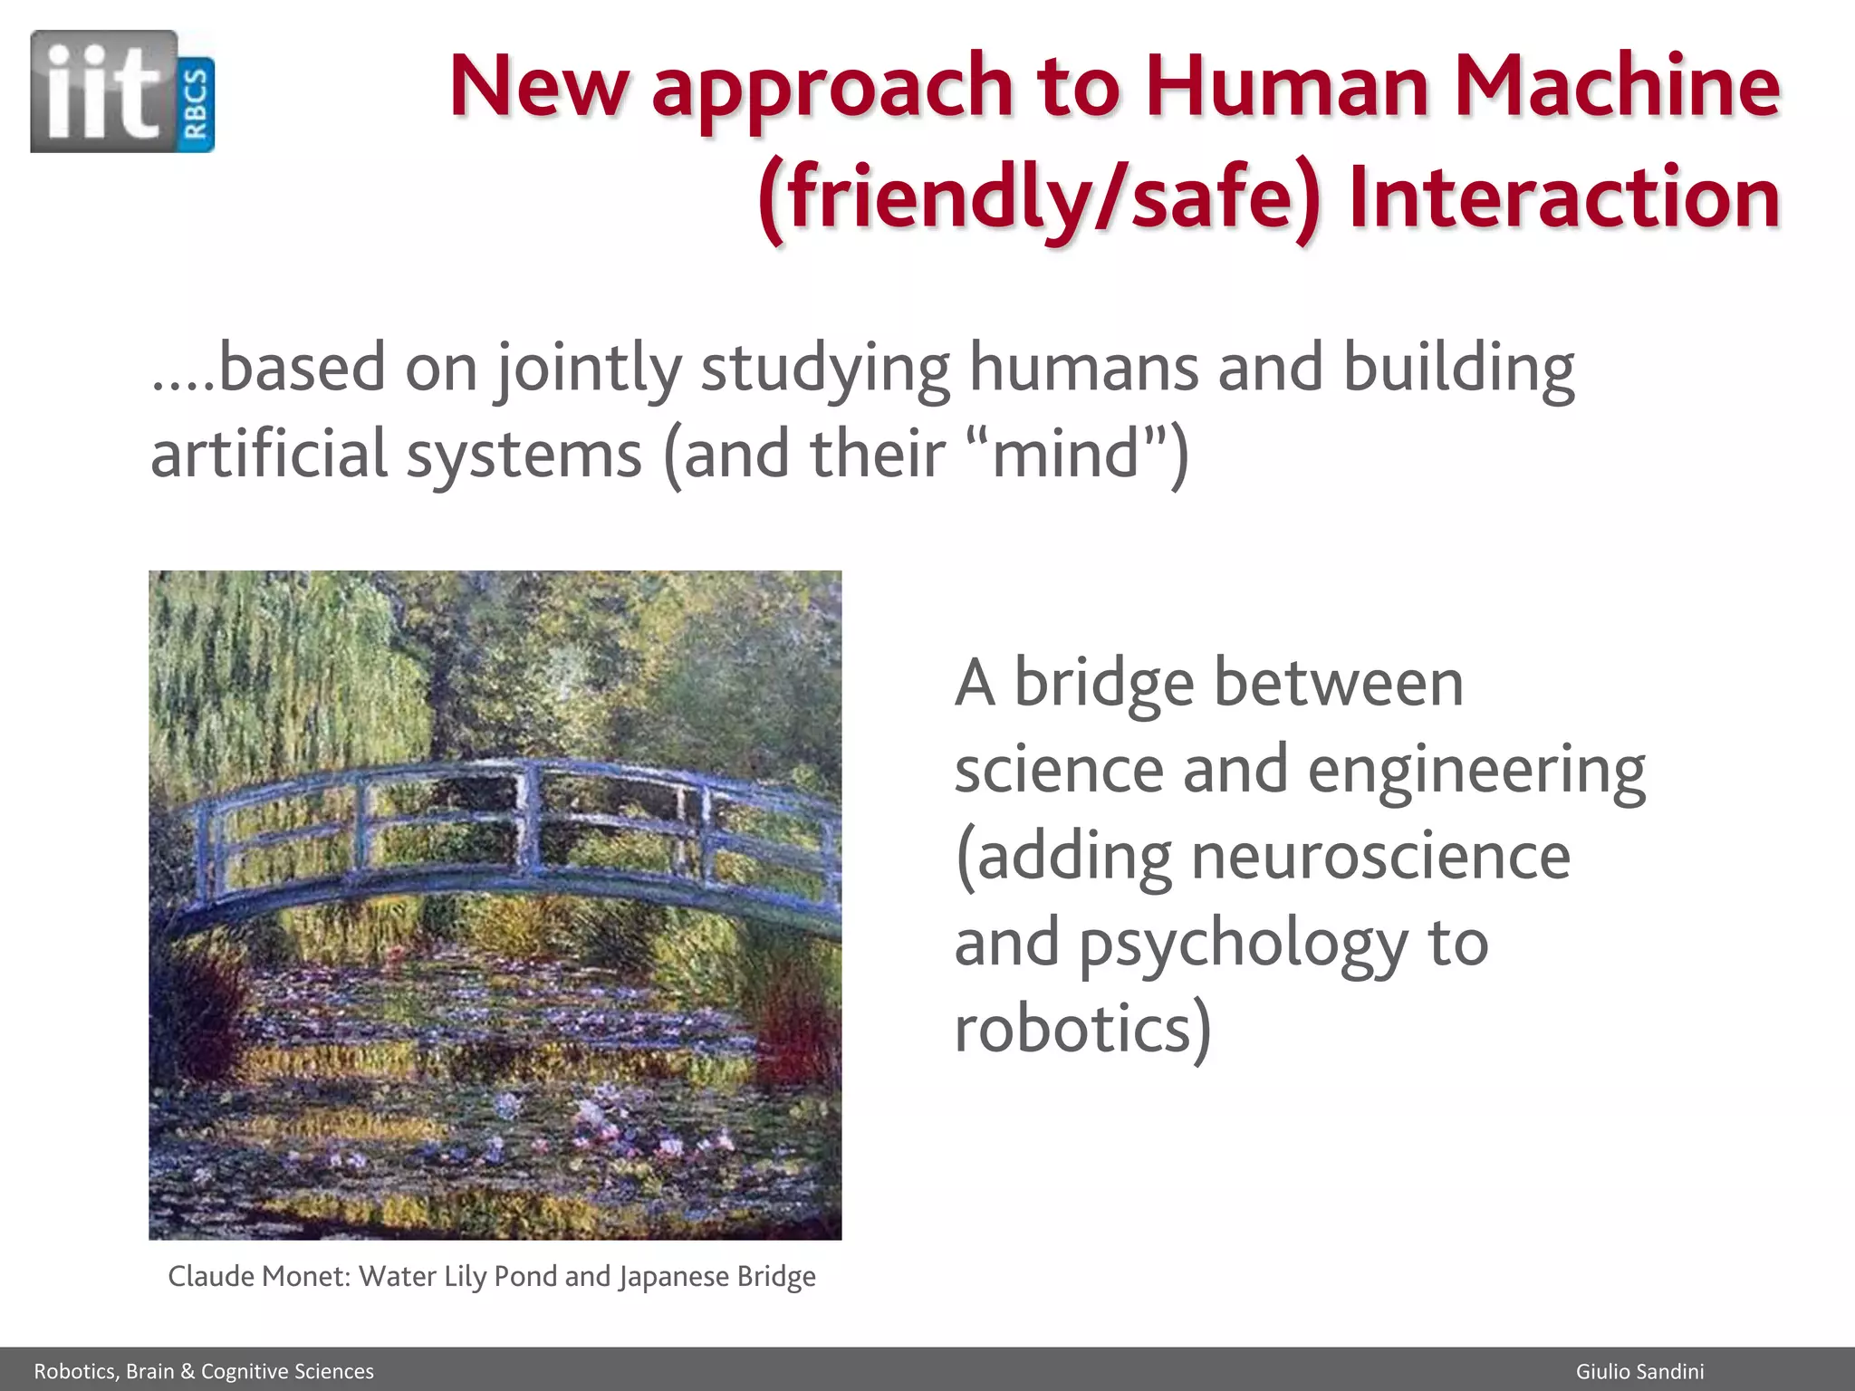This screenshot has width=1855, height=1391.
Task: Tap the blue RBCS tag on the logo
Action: coord(197,105)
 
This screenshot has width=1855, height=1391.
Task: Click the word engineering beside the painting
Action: coord(1476,771)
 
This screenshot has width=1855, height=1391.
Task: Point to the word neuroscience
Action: coord(1380,857)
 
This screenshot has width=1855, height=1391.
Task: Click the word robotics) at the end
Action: coord(1082,1030)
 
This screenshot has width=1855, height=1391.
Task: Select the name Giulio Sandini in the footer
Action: coord(1639,1371)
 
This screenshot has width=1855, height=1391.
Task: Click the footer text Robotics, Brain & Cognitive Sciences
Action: coord(204,1371)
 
